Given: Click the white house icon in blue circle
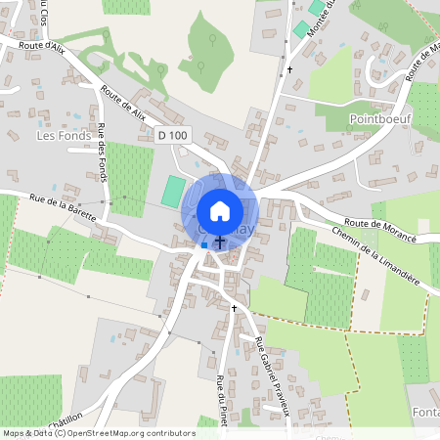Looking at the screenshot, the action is (220, 211).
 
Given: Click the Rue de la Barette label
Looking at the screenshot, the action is (64, 207).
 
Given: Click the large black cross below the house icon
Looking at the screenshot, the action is (220, 241).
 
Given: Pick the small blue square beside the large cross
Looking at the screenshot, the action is (204, 244).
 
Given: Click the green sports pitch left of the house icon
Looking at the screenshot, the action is (172, 190).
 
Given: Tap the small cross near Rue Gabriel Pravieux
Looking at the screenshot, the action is (234, 307).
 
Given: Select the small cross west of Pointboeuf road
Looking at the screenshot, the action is (289, 70).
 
